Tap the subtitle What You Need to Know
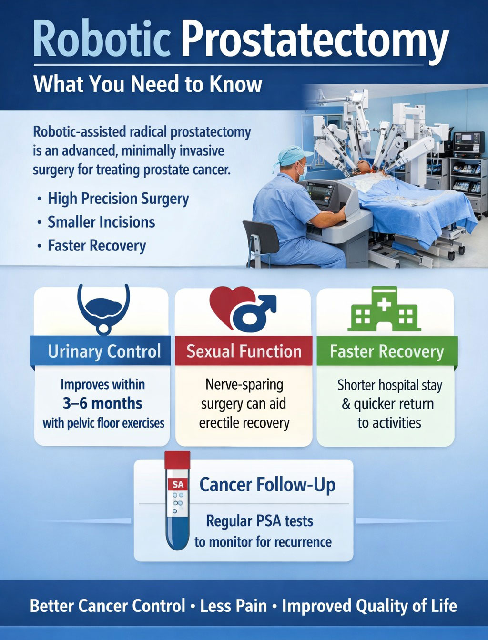[148, 84]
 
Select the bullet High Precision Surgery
[118, 199]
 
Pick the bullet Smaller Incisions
[101, 222]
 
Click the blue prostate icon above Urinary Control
[103, 307]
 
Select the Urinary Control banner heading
[104, 351]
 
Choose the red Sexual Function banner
[244, 351]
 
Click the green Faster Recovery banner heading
[386, 351]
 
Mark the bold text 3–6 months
[102, 403]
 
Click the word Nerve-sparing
[244, 384]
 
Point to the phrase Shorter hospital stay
[389, 385]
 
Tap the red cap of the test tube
[177, 460]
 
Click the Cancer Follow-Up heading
[267, 485]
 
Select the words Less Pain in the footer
[234, 606]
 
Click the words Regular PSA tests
[259, 521]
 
